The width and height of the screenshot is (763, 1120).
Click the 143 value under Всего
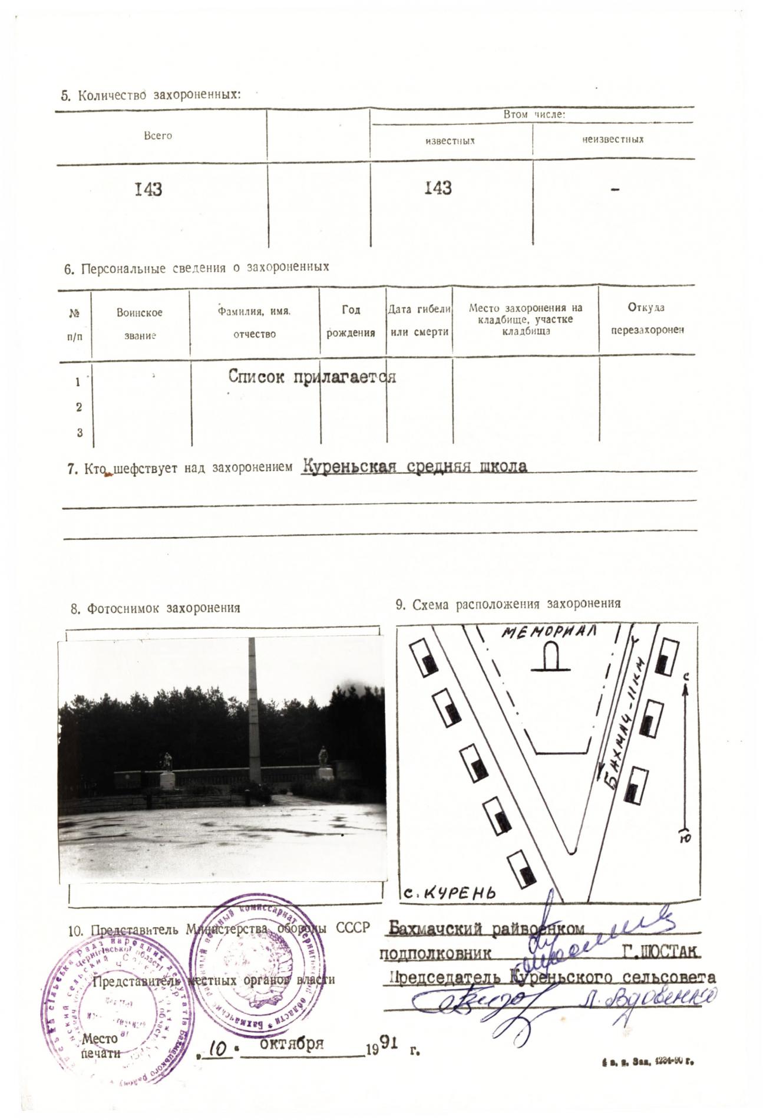(148, 189)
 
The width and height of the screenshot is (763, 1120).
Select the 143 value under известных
(438, 188)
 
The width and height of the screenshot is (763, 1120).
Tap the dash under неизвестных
(615, 189)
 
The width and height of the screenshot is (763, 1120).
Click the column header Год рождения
(351, 321)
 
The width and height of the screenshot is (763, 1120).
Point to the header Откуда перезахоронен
(646, 319)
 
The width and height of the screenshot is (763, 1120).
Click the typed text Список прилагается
(312, 377)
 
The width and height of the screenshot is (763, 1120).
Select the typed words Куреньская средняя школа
(415, 466)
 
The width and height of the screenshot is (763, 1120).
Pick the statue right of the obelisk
(323, 757)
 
